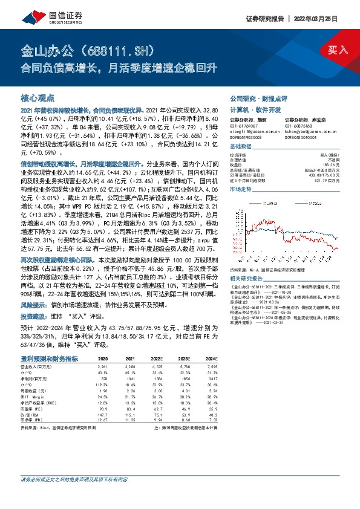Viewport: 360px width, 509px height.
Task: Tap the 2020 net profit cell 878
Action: tap(103, 378)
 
